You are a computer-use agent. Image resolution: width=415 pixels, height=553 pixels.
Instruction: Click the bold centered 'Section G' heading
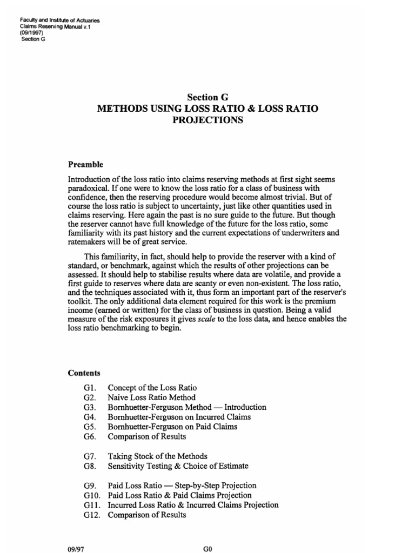[x=207, y=97]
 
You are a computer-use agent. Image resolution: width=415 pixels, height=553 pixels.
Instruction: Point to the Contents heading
[x=84, y=373]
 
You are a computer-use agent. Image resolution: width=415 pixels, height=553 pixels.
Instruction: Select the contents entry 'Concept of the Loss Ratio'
[x=152, y=388]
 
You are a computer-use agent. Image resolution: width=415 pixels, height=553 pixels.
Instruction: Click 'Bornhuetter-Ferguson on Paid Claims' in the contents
[x=172, y=427]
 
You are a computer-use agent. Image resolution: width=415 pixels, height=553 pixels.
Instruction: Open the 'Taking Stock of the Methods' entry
[x=157, y=456]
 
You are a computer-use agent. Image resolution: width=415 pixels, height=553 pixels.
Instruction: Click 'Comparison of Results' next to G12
[x=146, y=515]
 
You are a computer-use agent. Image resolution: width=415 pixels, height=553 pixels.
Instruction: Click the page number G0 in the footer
[x=207, y=548]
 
